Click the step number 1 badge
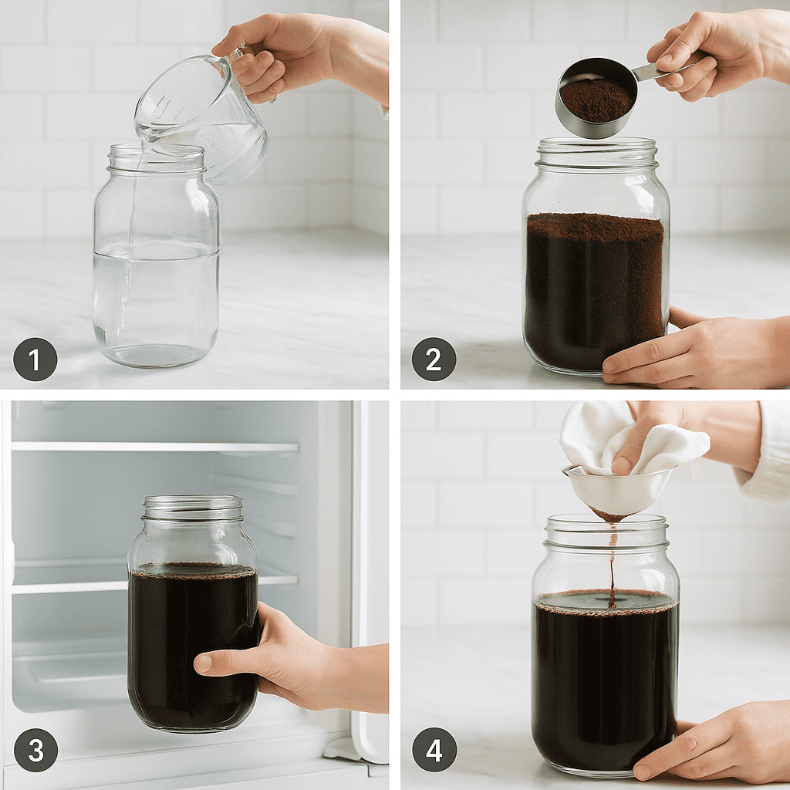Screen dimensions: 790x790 coord(35,359)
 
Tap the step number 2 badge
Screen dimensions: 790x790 coord(434,359)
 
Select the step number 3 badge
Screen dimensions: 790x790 coord(35,750)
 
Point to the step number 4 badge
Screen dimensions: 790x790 coord(434,750)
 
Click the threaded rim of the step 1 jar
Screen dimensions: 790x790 coord(157,158)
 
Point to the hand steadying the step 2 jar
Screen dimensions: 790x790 coord(687,351)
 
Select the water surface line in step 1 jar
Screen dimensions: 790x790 coord(156,249)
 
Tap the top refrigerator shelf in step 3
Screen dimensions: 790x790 coord(154,447)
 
